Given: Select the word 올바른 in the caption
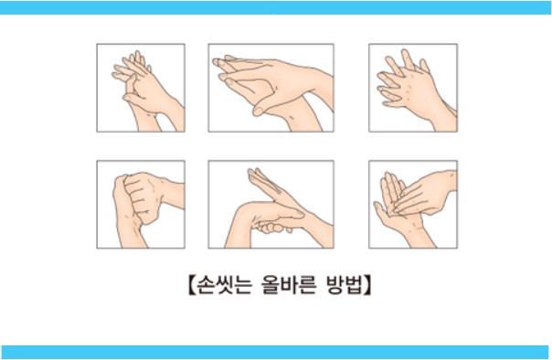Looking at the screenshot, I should coord(282,284).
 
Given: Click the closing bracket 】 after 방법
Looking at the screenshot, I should coord(368,284).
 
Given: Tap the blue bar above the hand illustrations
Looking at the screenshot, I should coord(276,7).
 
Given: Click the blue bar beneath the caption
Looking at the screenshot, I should coord(276,352).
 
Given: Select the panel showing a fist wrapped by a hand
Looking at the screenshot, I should coord(140,204).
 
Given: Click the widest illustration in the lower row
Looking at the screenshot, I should coord(271,204).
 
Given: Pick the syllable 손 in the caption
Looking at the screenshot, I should coord(199,284).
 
